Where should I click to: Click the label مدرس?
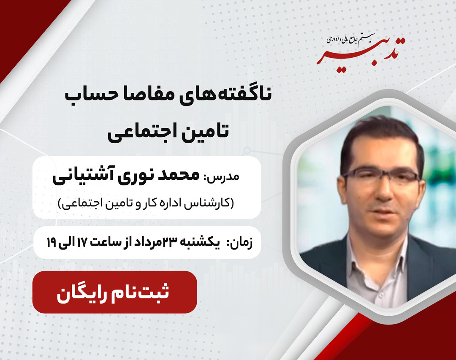point(227,176)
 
